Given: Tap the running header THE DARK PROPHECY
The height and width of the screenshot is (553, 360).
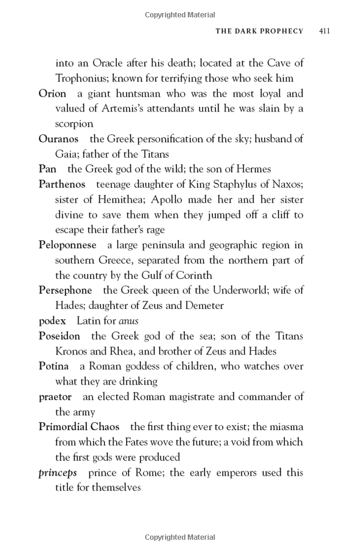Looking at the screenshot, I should click(259, 31).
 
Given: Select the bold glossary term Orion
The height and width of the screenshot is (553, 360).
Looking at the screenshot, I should click(52, 94).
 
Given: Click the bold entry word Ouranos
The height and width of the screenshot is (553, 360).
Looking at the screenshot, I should click(59, 139).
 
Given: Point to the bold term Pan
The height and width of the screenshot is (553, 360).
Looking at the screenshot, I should click(47, 169).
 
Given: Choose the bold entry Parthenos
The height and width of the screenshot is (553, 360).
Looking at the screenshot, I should click(62, 184).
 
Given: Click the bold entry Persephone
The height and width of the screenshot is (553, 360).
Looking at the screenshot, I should click(65, 290).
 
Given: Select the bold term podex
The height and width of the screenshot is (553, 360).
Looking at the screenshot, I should click(52, 321).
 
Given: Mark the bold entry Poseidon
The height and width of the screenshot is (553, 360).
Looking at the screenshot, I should click(59, 336).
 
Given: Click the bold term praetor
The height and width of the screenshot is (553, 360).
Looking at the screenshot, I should click(55, 397).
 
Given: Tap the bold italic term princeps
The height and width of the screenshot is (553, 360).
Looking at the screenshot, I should click(58, 473).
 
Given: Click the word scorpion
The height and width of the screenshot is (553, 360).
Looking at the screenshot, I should click(74, 124).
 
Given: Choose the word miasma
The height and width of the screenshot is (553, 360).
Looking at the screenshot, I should click(285, 427).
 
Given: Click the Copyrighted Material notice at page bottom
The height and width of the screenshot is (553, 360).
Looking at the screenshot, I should click(180, 537).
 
